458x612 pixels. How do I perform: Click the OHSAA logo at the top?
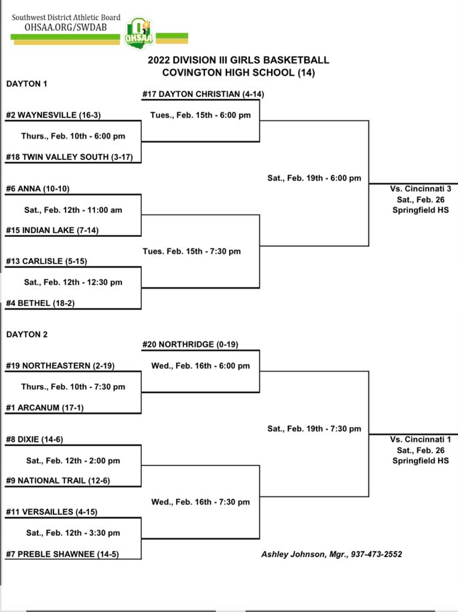[x=139, y=33]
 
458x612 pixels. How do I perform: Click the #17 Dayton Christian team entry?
[x=203, y=94]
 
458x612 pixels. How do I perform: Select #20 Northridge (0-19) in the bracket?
[x=191, y=344]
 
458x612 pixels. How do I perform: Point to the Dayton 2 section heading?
[x=27, y=334]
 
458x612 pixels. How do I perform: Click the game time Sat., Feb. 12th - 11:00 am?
[x=73, y=210]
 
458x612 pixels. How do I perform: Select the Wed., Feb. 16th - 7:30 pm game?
[x=200, y=502]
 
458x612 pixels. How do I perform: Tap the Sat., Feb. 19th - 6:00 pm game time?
[x=314, y=178]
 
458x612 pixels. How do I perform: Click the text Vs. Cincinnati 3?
[x=421, y=189]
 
